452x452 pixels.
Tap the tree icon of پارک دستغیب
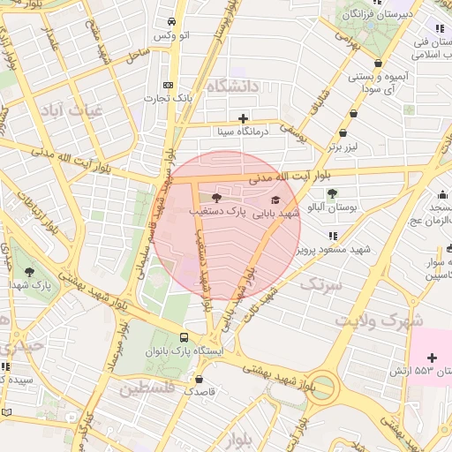click(x=217, y=198)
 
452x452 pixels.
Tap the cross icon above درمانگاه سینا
click(x=243, y=118)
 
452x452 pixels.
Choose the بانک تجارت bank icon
click(x=169, y=85)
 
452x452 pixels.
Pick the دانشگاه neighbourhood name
click(x=233, y=87)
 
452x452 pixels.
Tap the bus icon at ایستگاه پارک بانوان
click(x=184, y=336)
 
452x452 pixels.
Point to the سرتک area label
click(x=320, y=285)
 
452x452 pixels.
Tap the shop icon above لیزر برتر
click(x=354, y=113)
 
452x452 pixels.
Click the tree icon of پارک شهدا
click(x=30, y=272)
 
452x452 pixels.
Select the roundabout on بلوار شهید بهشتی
click(x=322, y=387)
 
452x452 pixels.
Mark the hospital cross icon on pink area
click(x=431, y=358)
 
